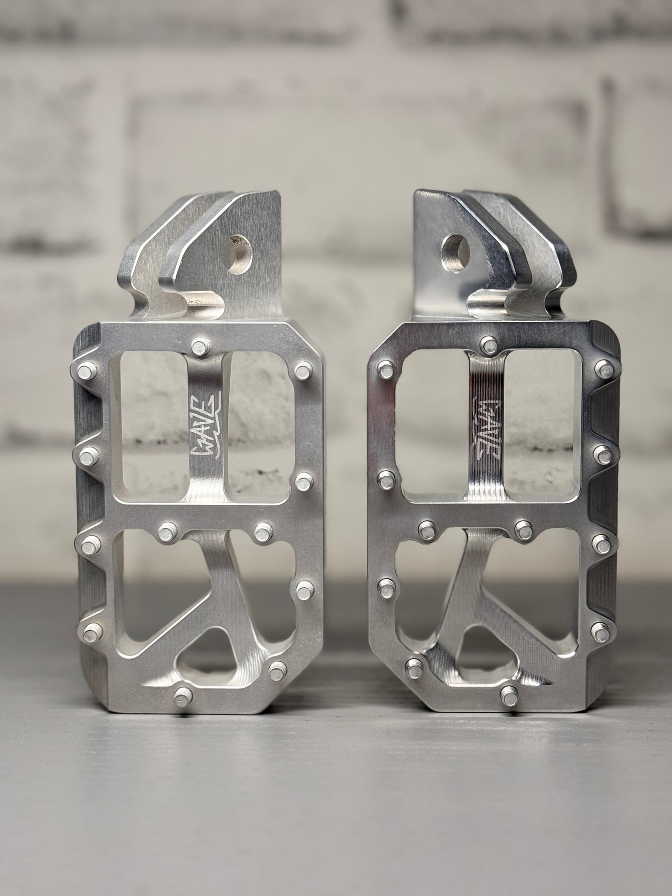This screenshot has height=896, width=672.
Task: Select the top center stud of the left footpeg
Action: [199, 346]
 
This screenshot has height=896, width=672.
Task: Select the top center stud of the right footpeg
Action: [488, 344]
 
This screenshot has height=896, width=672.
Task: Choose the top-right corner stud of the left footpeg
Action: [303, 371]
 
